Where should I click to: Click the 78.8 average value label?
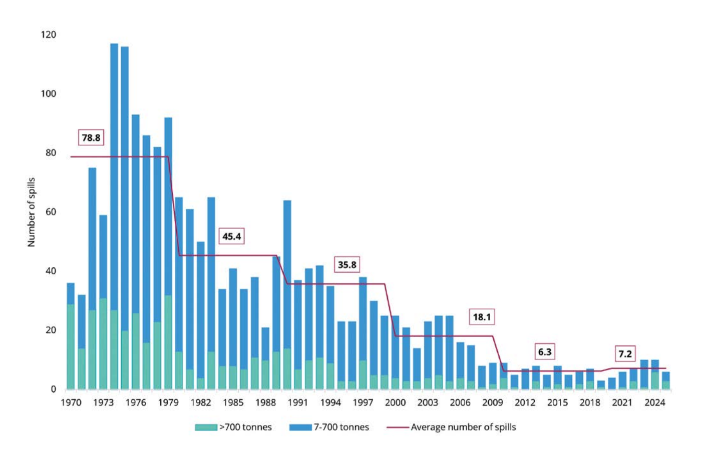click(91, 137)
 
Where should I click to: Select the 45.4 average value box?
click(231, 236)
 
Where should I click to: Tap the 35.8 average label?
click(347, 264)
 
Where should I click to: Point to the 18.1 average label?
click(482, 317)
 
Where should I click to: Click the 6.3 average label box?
click(545, 352)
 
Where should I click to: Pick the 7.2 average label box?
click(625, 354)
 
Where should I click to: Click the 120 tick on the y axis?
click(49, 34)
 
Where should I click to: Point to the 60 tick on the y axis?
click(51, 211)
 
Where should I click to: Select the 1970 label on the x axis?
click(71, 402)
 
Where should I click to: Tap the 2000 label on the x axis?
click(395, 402)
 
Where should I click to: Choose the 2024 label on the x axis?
click(654, 402)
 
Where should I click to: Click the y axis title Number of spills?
click(31, 212)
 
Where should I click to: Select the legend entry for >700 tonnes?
click(234, 427)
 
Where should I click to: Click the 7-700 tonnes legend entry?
click(329, 427)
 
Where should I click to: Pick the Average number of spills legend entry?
click(452, 427)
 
